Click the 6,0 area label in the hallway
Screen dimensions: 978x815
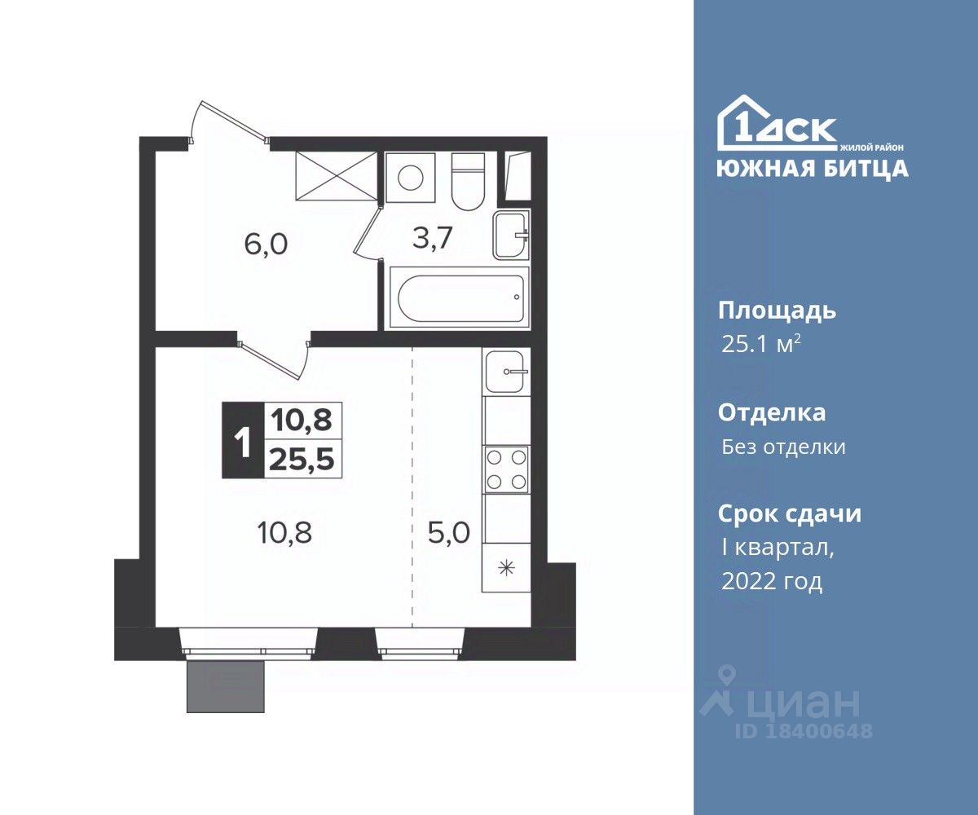pos(266,245)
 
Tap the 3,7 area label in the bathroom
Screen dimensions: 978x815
pos(432,238)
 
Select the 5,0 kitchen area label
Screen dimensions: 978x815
pos(449,532)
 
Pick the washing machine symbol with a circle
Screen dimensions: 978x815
pos(410,177)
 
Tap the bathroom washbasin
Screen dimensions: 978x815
pos(510,234)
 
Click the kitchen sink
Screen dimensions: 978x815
pos(505,372)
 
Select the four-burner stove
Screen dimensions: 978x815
pos(506,469)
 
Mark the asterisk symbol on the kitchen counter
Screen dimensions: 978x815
pos(507,569)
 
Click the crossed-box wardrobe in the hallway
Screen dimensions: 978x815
pos(337,177)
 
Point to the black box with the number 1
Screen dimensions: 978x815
pos(243,440)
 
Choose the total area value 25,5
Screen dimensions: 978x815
pos(302,460)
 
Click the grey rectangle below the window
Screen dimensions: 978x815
pos(226,687)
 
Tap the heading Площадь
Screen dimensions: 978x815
pos(777,312)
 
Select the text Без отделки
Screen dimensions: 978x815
pos(783,447)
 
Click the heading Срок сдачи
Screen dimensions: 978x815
pos(790,513)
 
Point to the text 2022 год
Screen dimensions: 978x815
pos(772,582)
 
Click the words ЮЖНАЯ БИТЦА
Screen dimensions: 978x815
pos(813,169)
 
